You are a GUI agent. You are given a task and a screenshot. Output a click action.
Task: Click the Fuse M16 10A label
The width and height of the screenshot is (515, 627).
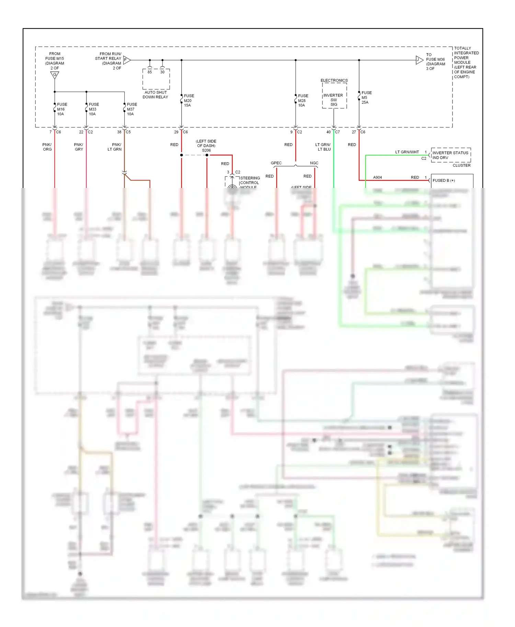click(x=62, y=109)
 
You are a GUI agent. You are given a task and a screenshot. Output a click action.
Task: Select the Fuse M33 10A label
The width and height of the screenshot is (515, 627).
click(x=93, y=109)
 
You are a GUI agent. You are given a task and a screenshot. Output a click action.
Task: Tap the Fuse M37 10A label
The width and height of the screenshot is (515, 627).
click(x=131, y=109)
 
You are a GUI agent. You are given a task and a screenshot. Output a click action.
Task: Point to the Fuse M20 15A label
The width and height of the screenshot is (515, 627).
click(x=188, y=100)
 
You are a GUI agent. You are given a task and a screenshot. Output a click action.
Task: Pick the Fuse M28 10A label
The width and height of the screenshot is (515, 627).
click(x=302, y=100)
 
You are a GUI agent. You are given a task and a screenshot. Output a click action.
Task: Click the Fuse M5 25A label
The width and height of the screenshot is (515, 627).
click(x=366, y=97)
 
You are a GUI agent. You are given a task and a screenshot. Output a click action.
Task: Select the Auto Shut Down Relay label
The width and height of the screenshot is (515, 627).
click(x=156, y=95)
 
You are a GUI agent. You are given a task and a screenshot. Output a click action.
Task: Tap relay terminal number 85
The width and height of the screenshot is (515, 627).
click(x=150, y=72)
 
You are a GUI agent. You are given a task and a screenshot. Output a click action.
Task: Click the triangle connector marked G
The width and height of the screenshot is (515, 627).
click(x=55, y=75)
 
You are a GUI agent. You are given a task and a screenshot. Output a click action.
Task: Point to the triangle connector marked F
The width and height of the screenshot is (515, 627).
click(x=126, y=60)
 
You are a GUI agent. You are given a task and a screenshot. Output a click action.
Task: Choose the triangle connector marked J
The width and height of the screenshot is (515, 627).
click(x=419, y=60)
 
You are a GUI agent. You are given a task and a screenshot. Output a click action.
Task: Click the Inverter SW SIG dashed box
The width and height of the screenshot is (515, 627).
click(x=334, y=96)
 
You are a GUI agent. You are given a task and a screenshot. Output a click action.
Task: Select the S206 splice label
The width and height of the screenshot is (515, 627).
click(x=206, y=150)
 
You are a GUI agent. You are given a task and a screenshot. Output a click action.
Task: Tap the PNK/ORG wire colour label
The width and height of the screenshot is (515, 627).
click(x=47, y=147)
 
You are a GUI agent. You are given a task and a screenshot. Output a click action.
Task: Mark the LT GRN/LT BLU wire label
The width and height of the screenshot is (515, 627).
click(x=323, y=147)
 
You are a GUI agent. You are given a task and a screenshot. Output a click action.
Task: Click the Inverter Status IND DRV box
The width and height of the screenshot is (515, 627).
click(x=450, y=155)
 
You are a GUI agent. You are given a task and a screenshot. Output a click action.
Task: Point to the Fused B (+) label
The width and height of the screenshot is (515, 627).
click(x=444, y=180)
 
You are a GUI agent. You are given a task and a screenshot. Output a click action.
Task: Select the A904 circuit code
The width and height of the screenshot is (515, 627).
click(x=377, y=177)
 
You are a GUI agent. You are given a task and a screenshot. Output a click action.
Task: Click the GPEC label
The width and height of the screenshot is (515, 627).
click(x=276, y=163)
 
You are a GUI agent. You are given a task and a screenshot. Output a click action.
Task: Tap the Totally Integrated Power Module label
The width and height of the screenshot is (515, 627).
click(x=466, y=62)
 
